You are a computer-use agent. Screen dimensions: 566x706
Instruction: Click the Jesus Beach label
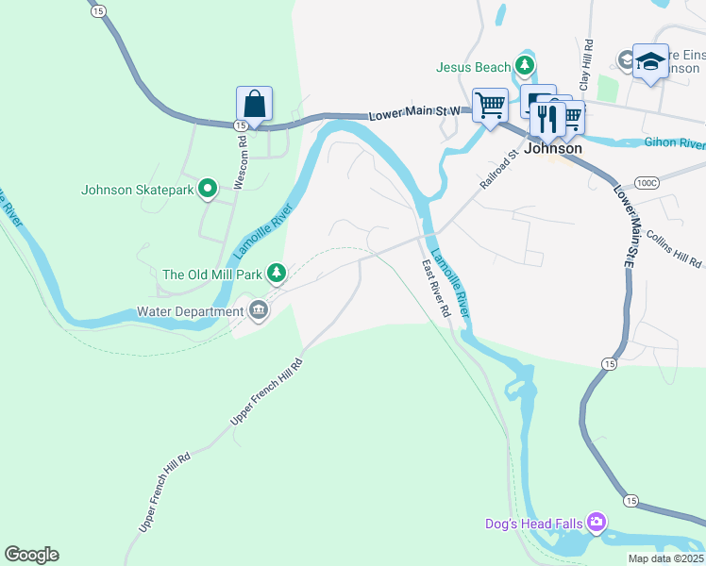[473, 67]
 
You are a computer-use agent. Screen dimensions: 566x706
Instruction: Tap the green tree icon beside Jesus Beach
[525, 66]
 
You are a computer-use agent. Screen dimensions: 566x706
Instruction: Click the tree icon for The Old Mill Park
[276, 275]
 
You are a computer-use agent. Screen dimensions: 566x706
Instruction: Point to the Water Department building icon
[258, 310]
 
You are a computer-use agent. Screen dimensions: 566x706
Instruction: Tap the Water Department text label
[190, 311]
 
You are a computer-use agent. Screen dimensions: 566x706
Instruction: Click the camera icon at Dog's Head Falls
[596, 522]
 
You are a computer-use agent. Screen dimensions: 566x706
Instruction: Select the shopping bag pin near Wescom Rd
[254, 103]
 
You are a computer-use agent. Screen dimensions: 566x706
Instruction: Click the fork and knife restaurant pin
[547, 118]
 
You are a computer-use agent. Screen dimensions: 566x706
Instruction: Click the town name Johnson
[552, 148]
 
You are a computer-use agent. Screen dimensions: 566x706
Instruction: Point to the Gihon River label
[674, 143]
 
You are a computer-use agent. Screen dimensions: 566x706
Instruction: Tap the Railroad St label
[499, 168]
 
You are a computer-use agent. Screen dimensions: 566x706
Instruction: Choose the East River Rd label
[435, 288]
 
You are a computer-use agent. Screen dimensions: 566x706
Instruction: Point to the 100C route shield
[647, 182]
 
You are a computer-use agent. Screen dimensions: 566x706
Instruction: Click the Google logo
[31, 555]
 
